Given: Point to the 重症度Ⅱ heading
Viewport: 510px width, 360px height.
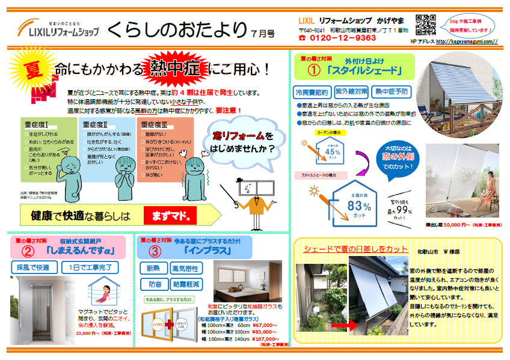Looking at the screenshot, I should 96,124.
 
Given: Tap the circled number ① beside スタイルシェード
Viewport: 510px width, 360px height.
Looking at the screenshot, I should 318,72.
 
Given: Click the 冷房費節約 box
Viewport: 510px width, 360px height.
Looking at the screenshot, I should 312,92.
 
